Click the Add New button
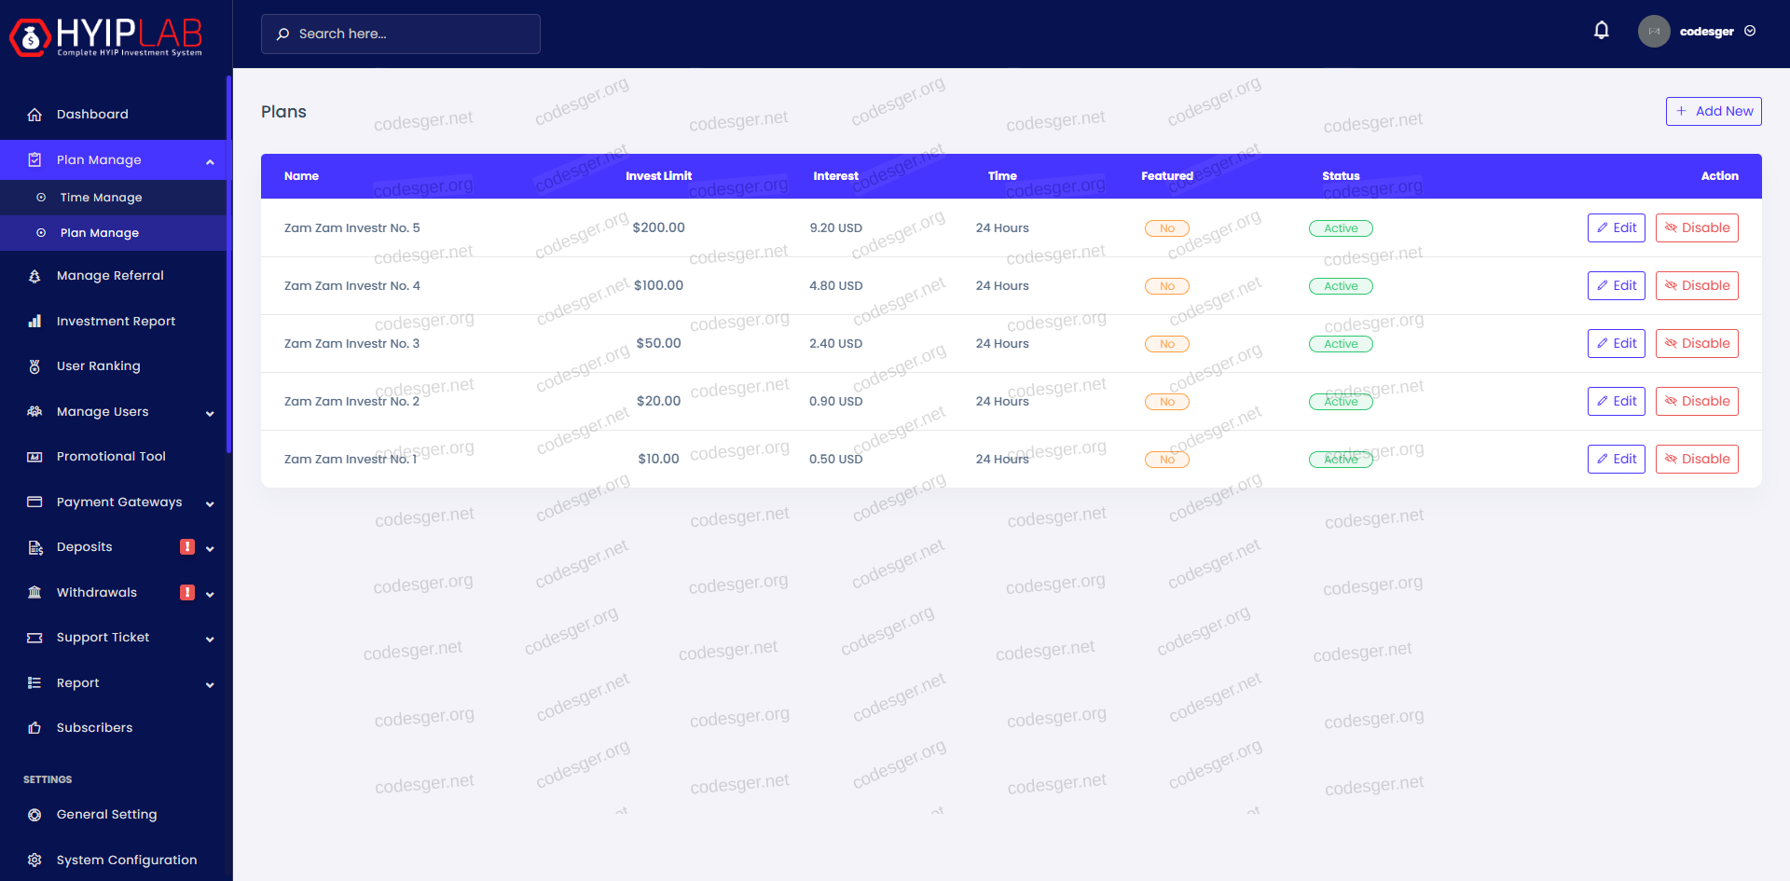(x=1714, y=111)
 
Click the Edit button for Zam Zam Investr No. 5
(x=1616, y=227)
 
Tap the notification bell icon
(x=1602, y=31)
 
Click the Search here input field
(x=401, y=34)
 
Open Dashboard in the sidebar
(x=92, y=115)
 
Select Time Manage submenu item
(x=101, y=198)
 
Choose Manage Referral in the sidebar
(x=110, y=276)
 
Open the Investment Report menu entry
(x=116, y=322)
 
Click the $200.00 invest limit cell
(x=658, y=227)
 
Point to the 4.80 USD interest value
(x=835, y=286)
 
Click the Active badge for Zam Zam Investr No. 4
(x=1341, y=286)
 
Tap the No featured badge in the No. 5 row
(x=1166, y=228)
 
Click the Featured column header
(x=1166, y=176)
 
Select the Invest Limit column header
(x=658, y=176)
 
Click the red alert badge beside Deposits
(x=187, y=547)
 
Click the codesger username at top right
(x=1706, y=32)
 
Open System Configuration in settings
(x=127, y=860)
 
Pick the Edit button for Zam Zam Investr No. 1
(x=1616, y=459)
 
